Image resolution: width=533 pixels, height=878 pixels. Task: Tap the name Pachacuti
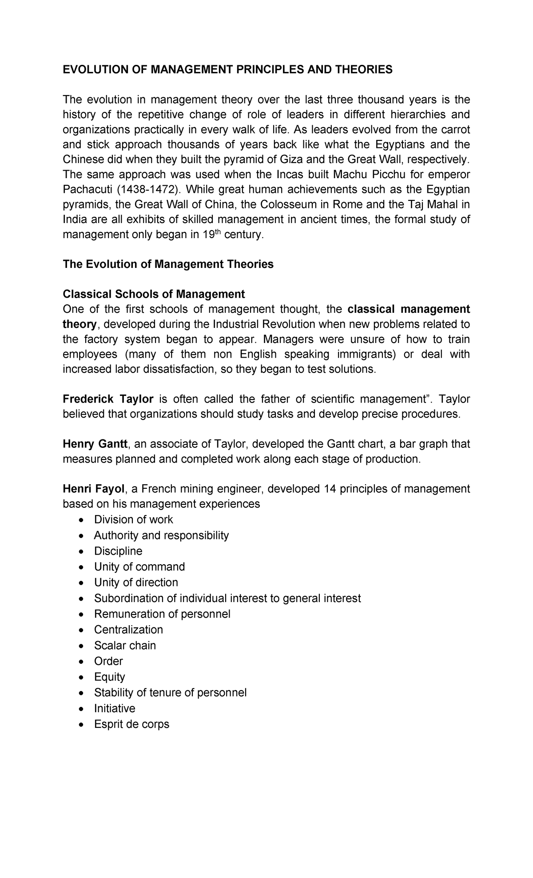click(88, 190)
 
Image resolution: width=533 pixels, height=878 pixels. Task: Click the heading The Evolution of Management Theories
click(168, 264)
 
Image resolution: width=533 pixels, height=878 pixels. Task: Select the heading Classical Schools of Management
click(154, 294)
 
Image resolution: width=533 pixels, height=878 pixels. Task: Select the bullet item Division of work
click(133, 519)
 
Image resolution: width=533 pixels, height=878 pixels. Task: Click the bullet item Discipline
click(118, 551)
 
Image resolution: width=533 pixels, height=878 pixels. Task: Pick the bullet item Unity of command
click(139, 567)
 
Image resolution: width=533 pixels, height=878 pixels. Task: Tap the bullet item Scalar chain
click(125, 645)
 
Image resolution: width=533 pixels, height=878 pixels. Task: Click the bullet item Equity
click(109, 677)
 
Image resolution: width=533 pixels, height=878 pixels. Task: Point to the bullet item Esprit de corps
click(131, 724)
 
